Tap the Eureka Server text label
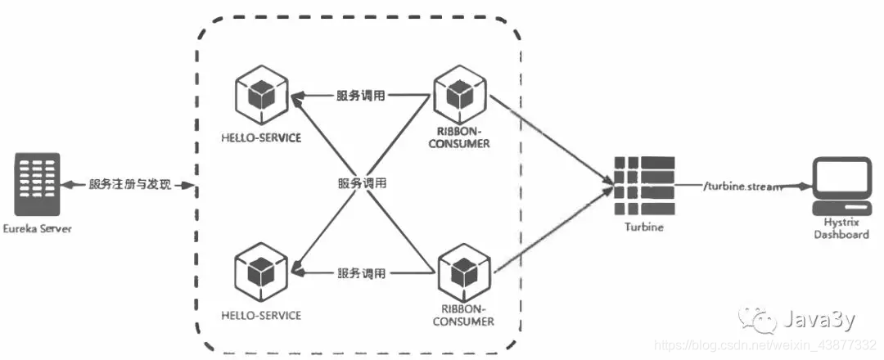[37, 228]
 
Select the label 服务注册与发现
[130, 186]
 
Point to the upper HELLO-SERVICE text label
[261, 137]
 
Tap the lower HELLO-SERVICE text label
[261, 315]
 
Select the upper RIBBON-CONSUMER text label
[463, 137]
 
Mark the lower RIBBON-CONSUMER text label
[465, 316]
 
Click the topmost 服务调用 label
[361, 96]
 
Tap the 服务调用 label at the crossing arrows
[361, 184]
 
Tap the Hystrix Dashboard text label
[841, 228]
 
